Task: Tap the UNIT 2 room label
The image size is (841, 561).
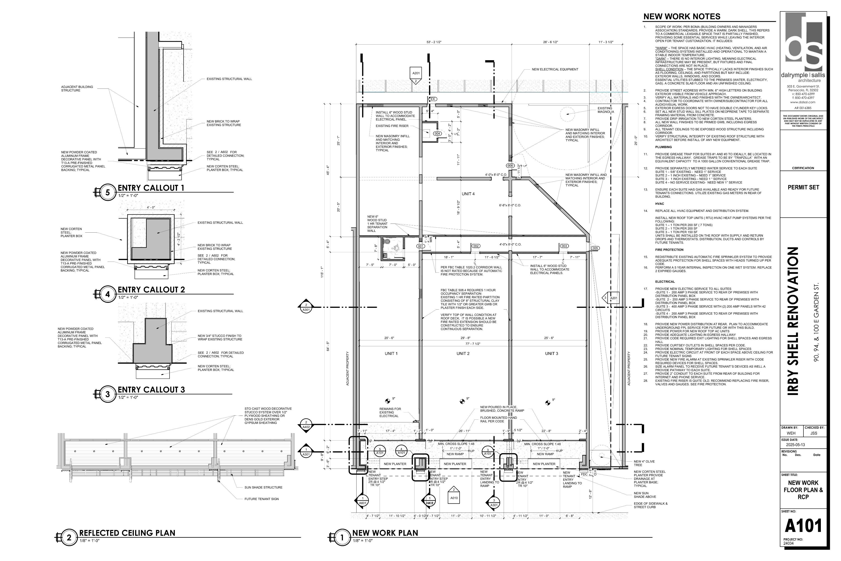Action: [463, 354]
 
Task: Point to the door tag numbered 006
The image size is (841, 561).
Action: [510, 166]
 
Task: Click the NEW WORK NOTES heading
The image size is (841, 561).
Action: [682, 17]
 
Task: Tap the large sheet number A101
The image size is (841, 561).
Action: [803, 526]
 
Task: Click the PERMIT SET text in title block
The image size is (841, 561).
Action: [803, 187]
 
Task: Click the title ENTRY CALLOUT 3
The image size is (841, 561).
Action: [151, 390]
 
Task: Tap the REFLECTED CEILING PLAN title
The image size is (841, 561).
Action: [127, 533]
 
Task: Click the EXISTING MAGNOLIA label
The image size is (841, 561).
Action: [605, 110]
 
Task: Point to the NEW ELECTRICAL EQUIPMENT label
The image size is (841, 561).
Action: [555, 69]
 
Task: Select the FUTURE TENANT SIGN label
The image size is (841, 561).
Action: [261, 499]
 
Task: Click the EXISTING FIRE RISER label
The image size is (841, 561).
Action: [392, 126]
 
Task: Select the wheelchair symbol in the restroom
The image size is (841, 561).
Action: [396, 248]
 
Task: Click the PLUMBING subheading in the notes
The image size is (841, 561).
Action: [663, 147]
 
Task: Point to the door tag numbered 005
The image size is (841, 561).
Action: [595, 248]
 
